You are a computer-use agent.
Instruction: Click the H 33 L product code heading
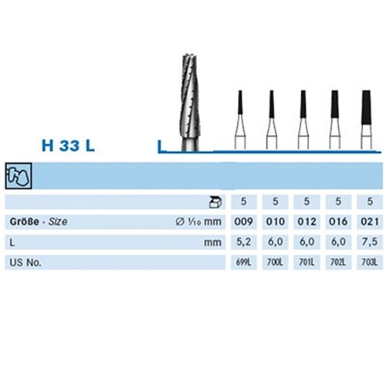click(68, 145)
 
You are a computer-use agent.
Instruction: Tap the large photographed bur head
click(190, 102)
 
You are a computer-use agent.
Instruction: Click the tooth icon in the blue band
click(19, 176)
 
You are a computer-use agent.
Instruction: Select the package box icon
click(215, 202)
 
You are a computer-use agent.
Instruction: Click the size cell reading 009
click(243, 222)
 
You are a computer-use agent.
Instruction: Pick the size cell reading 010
click(275, 222)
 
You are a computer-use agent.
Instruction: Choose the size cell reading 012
click(306, 222)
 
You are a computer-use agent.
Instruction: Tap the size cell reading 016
click(338, 222)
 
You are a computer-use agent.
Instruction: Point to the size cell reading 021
click(370, 222)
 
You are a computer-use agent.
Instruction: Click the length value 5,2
click(243, 242)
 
